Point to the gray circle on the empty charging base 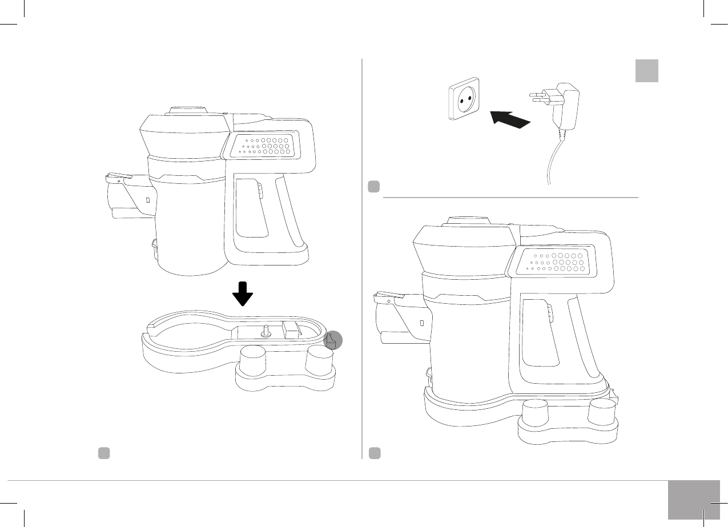point(333,340)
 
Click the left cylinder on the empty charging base point(252,361)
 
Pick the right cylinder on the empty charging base point(319,361)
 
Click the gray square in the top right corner point(647,71)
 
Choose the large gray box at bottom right point(693,500)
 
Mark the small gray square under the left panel point(103,453)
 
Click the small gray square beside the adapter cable point(373,186)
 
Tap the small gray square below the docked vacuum point(374,453)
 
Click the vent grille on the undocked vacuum point(266,145)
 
